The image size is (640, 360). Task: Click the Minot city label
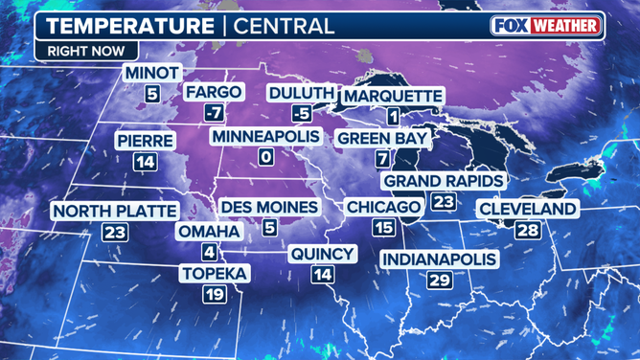151,73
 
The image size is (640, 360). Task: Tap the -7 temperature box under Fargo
215,115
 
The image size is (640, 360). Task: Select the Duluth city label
302,93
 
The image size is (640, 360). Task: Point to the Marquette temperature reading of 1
393,117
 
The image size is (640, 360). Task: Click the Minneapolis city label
265,137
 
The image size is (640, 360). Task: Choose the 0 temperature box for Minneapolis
266,158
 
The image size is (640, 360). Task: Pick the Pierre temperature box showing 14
145,162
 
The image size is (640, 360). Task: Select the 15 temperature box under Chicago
383,228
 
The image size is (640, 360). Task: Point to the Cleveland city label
528,209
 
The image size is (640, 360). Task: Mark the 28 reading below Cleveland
528,230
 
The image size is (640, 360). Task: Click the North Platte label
115,211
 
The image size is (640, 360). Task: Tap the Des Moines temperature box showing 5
269,228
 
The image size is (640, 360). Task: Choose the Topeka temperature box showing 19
215,295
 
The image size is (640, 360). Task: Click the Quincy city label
323,254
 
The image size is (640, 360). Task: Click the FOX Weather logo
546,25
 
